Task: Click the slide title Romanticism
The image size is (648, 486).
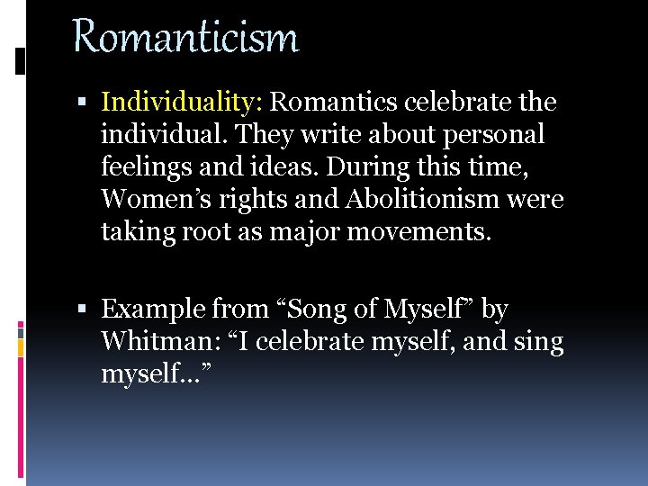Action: (x=184, y=38)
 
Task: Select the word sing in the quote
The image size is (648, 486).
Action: (x=537, y=342)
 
